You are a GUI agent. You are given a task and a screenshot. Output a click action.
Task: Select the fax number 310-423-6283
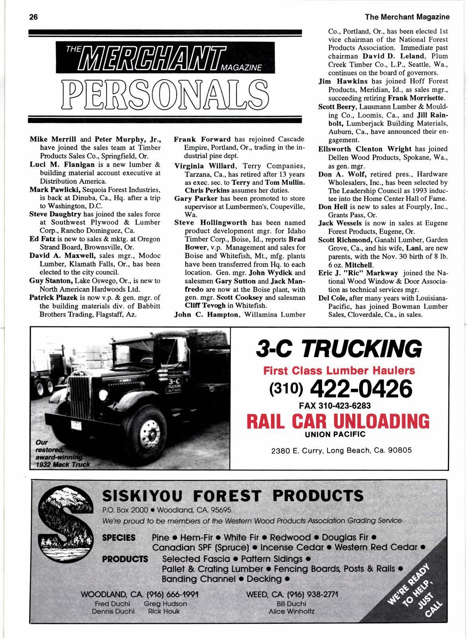(345, 406)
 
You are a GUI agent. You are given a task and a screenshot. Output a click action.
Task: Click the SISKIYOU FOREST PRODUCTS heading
(233, 496)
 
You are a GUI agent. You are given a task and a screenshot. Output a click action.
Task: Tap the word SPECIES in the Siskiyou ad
(119, 537)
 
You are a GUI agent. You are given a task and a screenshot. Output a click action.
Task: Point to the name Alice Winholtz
(292, 611)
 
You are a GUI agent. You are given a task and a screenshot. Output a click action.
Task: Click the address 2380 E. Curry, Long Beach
(341, 451)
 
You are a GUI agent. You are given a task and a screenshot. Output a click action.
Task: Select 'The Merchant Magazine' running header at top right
(407, 17)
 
